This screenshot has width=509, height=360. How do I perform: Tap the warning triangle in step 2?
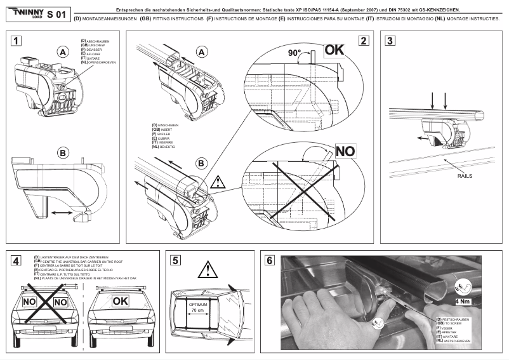point(217,182)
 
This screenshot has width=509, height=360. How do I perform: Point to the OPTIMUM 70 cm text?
point(201,308)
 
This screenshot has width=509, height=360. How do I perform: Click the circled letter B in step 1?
point(62,153)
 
